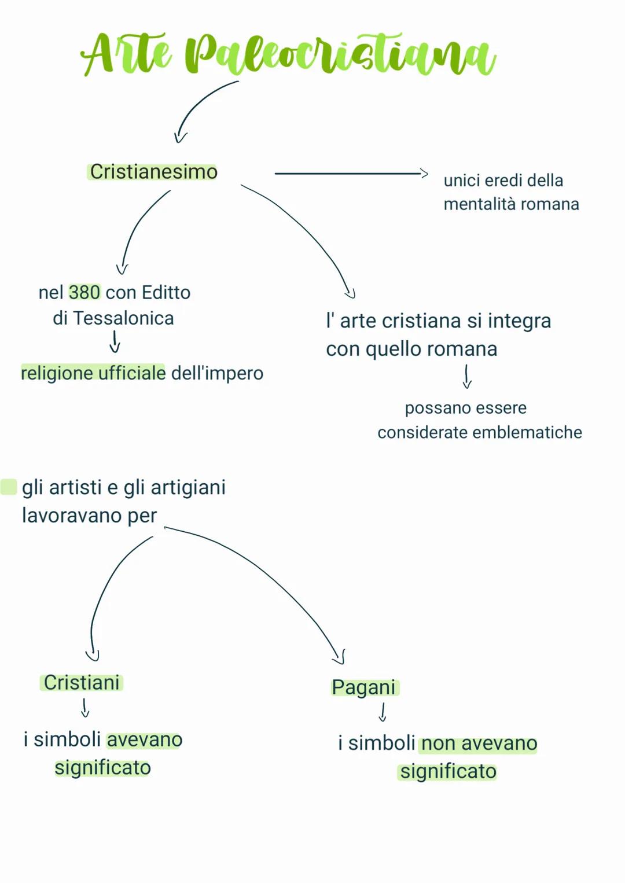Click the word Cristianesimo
(153, 172)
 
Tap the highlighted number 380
(84, 292)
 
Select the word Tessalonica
(123, 318)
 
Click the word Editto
(166, 292)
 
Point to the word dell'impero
(217, 373)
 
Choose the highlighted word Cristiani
(82, 683)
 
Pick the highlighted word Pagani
(363, 687)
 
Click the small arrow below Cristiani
(85, 708)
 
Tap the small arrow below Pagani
(382, 712)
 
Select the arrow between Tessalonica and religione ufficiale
(115, 341)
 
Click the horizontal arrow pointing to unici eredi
(350, 173)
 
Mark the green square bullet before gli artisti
(9, 487)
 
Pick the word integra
(519, 321)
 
